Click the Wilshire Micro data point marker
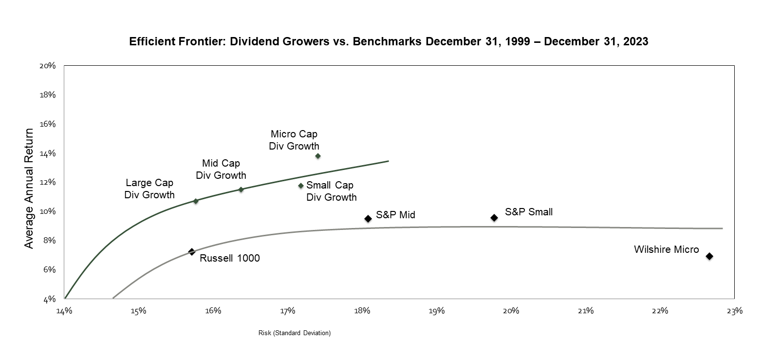pyautogui.click(x=709, y=256)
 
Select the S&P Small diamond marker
pyautogui.click(x=494, y=218)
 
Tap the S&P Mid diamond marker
pyautogui.click(x=368, y=219)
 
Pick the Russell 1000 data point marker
pyautogui.click(x=192, y=252)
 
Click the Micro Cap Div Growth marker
pyautogui.click(x=318, y=156)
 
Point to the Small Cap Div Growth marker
pyautogui.click(x=301, y=186)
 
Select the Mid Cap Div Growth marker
pyautogui.click(x=241, y=189)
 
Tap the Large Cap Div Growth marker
pyautogui.click(x=196, y=201)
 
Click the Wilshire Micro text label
pyautogui.click(x=666, y=250)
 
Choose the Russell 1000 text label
pyautogui.click(x=230, y=259)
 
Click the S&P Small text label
pyautogui.click(x=529, y=212)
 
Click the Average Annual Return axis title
pyautogui.click(x=29, y=189)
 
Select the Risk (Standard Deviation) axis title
pyautogui.click(x=295, y=333)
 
